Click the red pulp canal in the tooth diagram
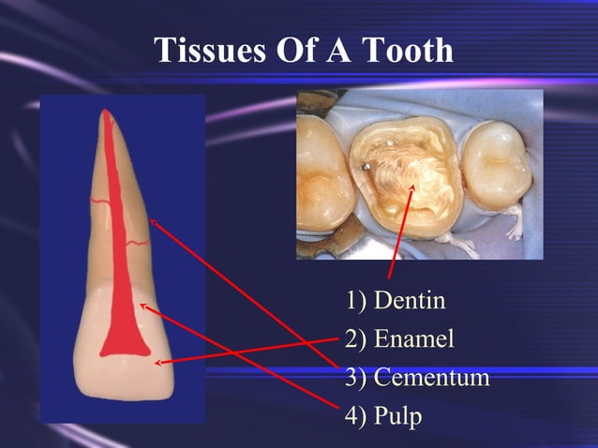(x=116, y=281)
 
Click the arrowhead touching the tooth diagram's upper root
(x=152, y=222)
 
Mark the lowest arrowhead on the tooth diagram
(x=158, y=361)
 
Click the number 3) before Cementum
(x=355, y=377)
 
